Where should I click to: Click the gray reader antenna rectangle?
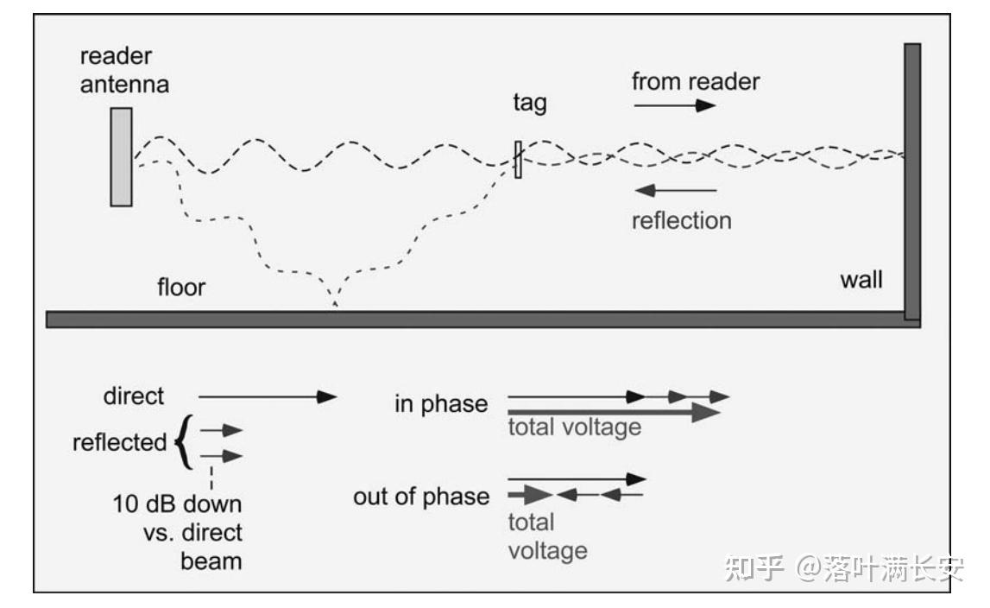coord(121,157)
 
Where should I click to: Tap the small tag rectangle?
coord(518,160)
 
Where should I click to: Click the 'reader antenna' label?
coord(124,71)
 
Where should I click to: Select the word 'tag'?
coord(530,104)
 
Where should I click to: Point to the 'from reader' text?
coord(696,82)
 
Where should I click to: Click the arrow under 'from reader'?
coord(675,105)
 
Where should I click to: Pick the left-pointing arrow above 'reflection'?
coord(675,189)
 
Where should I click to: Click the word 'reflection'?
coord(681,220)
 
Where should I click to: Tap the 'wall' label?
coord(861,280)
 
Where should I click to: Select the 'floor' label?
coord(181,287)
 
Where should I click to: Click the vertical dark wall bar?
coord(911,181)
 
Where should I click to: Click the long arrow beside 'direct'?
coord(268,396)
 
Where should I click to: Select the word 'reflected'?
coord(120,443)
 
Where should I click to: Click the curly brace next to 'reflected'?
coord(182,443)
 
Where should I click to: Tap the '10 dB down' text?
coord(177,503)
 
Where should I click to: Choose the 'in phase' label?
coord(441,404)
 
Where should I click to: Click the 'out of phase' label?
coord(421,497)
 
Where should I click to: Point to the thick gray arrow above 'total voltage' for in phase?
coord(614,413)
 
